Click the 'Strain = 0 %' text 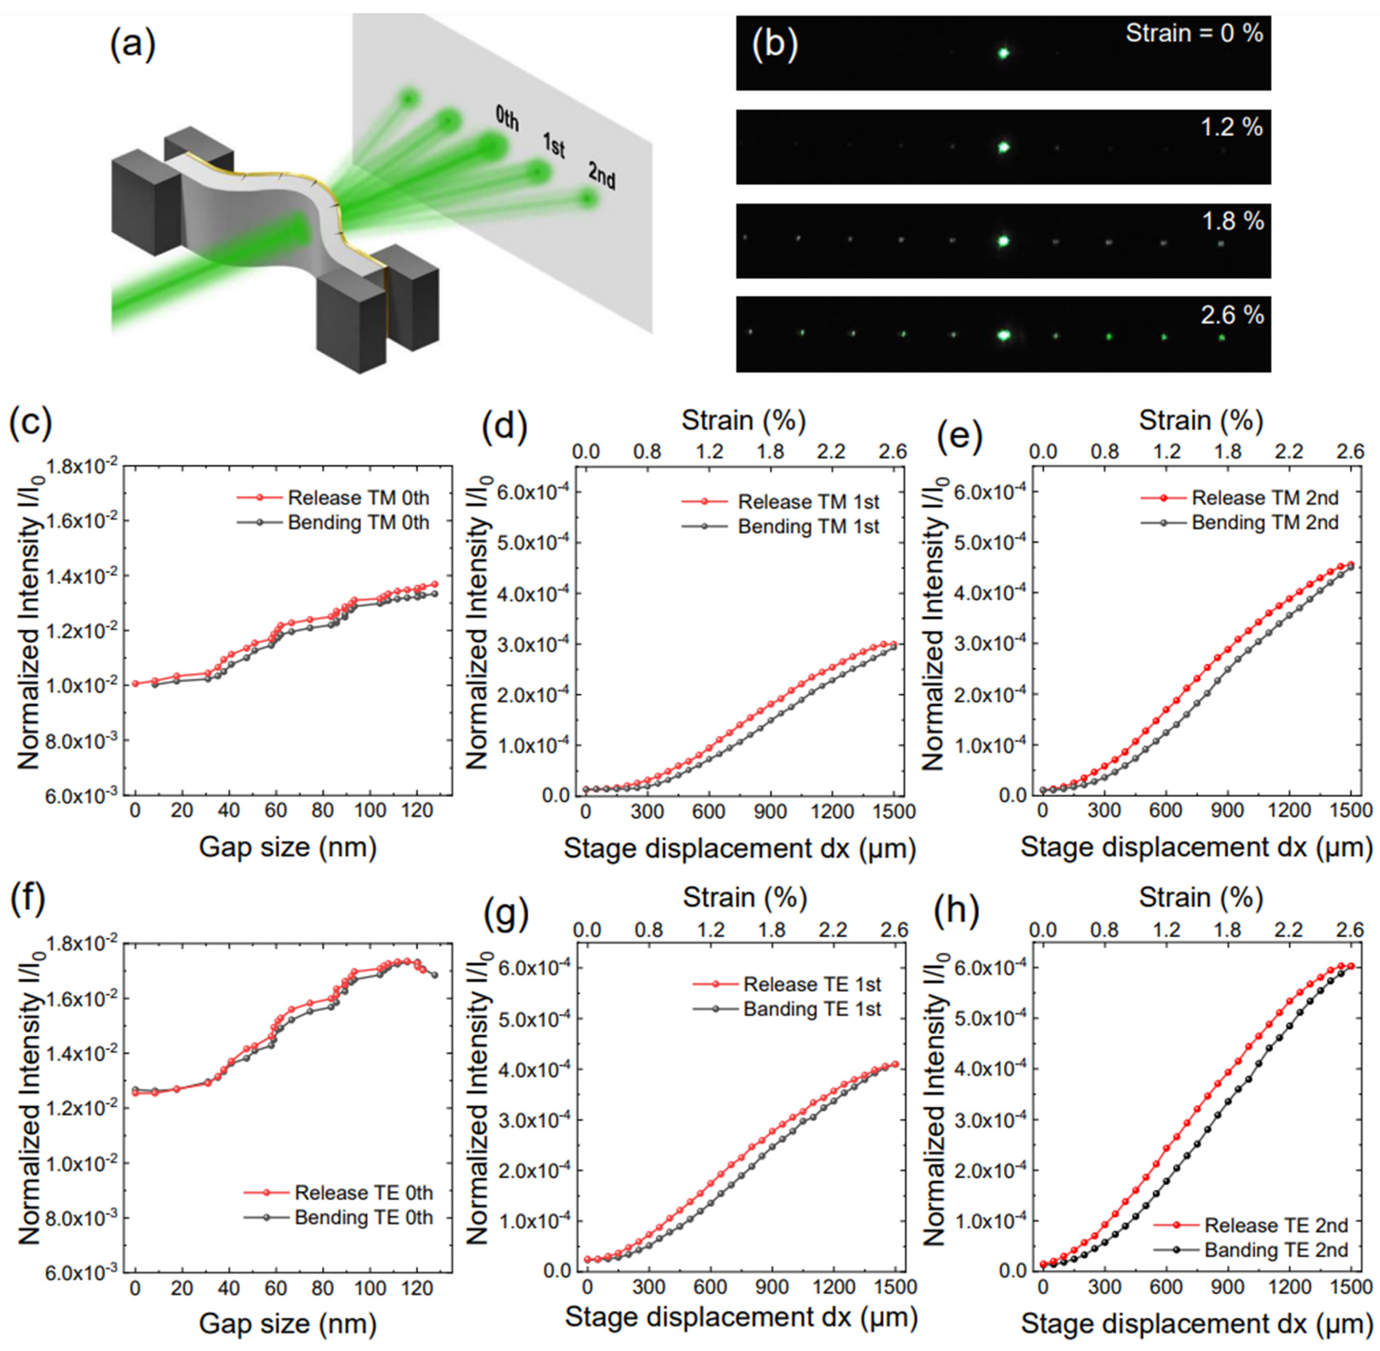pyautogui.click(x=1194, y=33)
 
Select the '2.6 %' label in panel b pyautogui.click(x=1232, y=314)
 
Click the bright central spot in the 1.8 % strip pyautogui.click(x=1003, y=241)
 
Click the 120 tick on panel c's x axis pyautogui.click(x=416, y=810)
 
